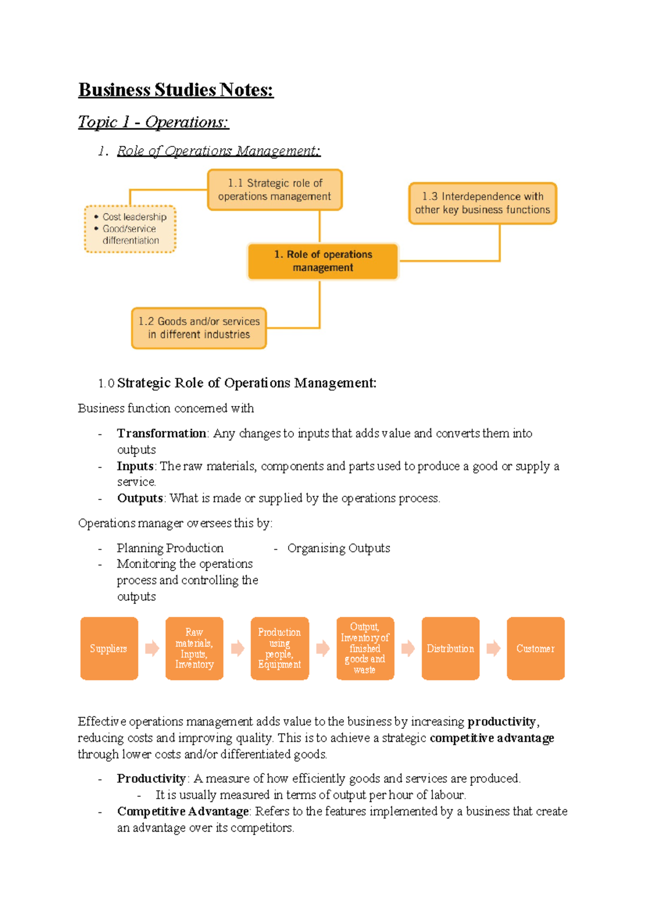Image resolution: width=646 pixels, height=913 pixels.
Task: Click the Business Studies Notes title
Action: pos(176,90)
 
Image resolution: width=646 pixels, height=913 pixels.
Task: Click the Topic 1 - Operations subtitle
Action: pos(153,122)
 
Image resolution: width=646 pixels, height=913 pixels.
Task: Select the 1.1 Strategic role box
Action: pos(275,189)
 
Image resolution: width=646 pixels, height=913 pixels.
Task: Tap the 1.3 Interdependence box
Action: pos(482,203)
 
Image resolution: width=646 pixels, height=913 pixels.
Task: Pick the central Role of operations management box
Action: pos(322,261)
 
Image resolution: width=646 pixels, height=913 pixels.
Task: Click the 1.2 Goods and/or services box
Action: pos(199,328)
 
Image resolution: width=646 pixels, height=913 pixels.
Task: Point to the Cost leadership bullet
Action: pos(134,217)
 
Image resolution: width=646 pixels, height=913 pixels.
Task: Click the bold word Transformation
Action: pos(161,433)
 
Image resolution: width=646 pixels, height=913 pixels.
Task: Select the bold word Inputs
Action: pos(135,466)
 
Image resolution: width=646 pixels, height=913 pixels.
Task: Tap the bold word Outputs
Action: pos(140,498)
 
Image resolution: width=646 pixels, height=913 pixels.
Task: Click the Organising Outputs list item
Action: pos(338,548)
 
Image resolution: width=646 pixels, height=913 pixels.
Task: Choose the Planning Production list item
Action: pos(170,548)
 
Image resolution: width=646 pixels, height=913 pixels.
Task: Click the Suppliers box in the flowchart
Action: pos(109,649)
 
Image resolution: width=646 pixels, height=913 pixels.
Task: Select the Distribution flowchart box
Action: pos(450,649)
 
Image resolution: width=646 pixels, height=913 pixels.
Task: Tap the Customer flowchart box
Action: pos(535,649)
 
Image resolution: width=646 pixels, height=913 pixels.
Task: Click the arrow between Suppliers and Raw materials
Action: pos(152,648)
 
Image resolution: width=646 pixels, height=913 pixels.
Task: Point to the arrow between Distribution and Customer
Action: pos(493,648)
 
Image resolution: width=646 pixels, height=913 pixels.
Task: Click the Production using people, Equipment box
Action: pos(279,649)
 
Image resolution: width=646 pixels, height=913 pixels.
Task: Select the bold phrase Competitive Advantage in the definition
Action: pos(182,811)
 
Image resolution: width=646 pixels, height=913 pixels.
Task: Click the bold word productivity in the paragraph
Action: pos(502,721)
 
